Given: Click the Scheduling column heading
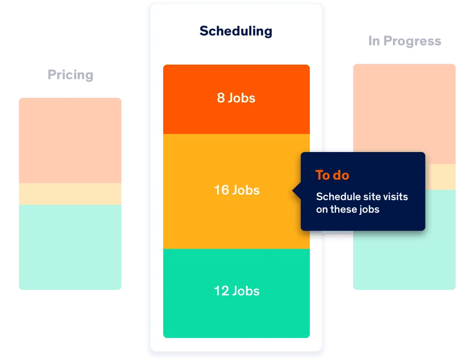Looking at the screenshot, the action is [x=236, y=32].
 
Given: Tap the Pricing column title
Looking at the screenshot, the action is [x=70, y=75].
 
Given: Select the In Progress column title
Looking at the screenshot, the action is [x=405, y=41].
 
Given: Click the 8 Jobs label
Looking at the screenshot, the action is [x=236, y=98].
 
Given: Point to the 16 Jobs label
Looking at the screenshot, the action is [x=237, y=190].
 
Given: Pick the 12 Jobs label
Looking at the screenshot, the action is [x=237, y=291].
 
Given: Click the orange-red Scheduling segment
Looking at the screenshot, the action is [x=236, y=99].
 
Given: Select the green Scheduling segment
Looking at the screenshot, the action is [x=236, y=293].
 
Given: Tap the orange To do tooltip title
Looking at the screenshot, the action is [x=332, y=175].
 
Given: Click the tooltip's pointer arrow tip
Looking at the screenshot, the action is [x=293, y=191].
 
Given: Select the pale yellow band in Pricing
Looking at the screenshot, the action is [x=70, y=194].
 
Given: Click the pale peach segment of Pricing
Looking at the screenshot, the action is [x=70, y=140].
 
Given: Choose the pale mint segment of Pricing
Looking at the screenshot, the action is [x=70, y=247].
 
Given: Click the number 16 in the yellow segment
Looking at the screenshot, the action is [x=221, y=190].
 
